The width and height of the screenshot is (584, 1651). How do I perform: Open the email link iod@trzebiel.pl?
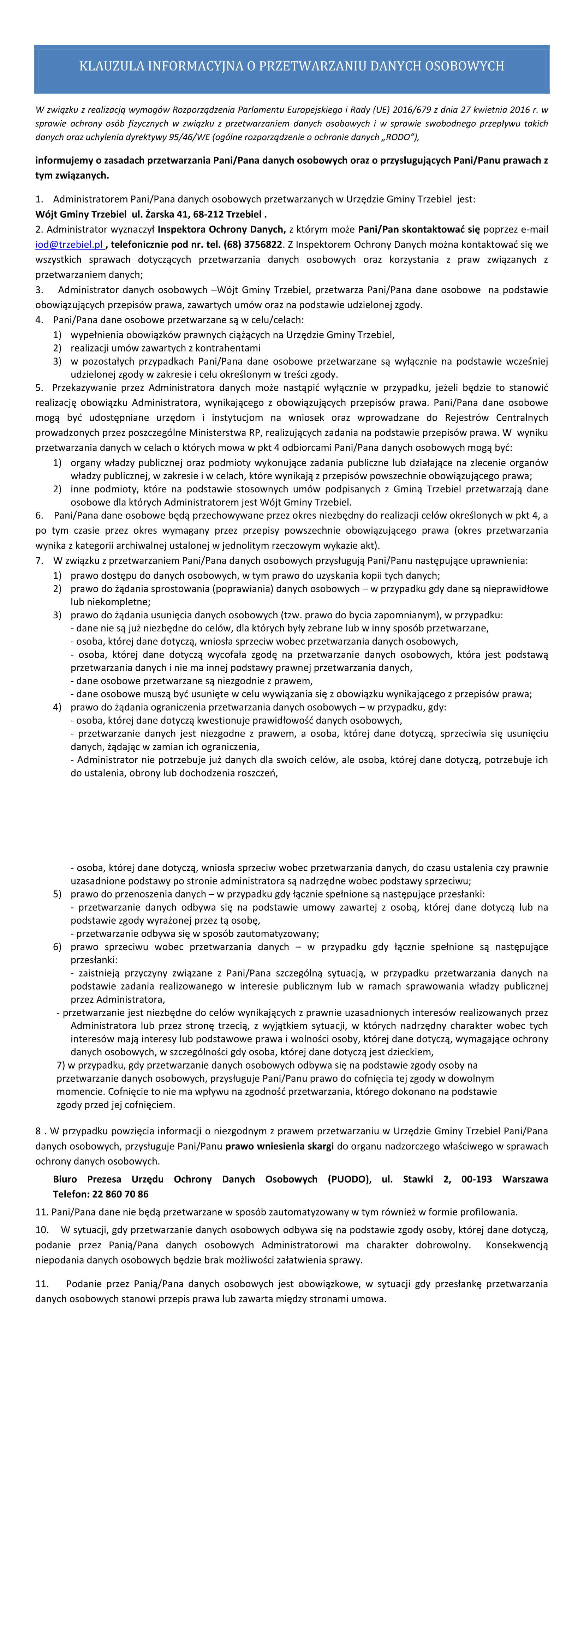[x=69, y=245]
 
